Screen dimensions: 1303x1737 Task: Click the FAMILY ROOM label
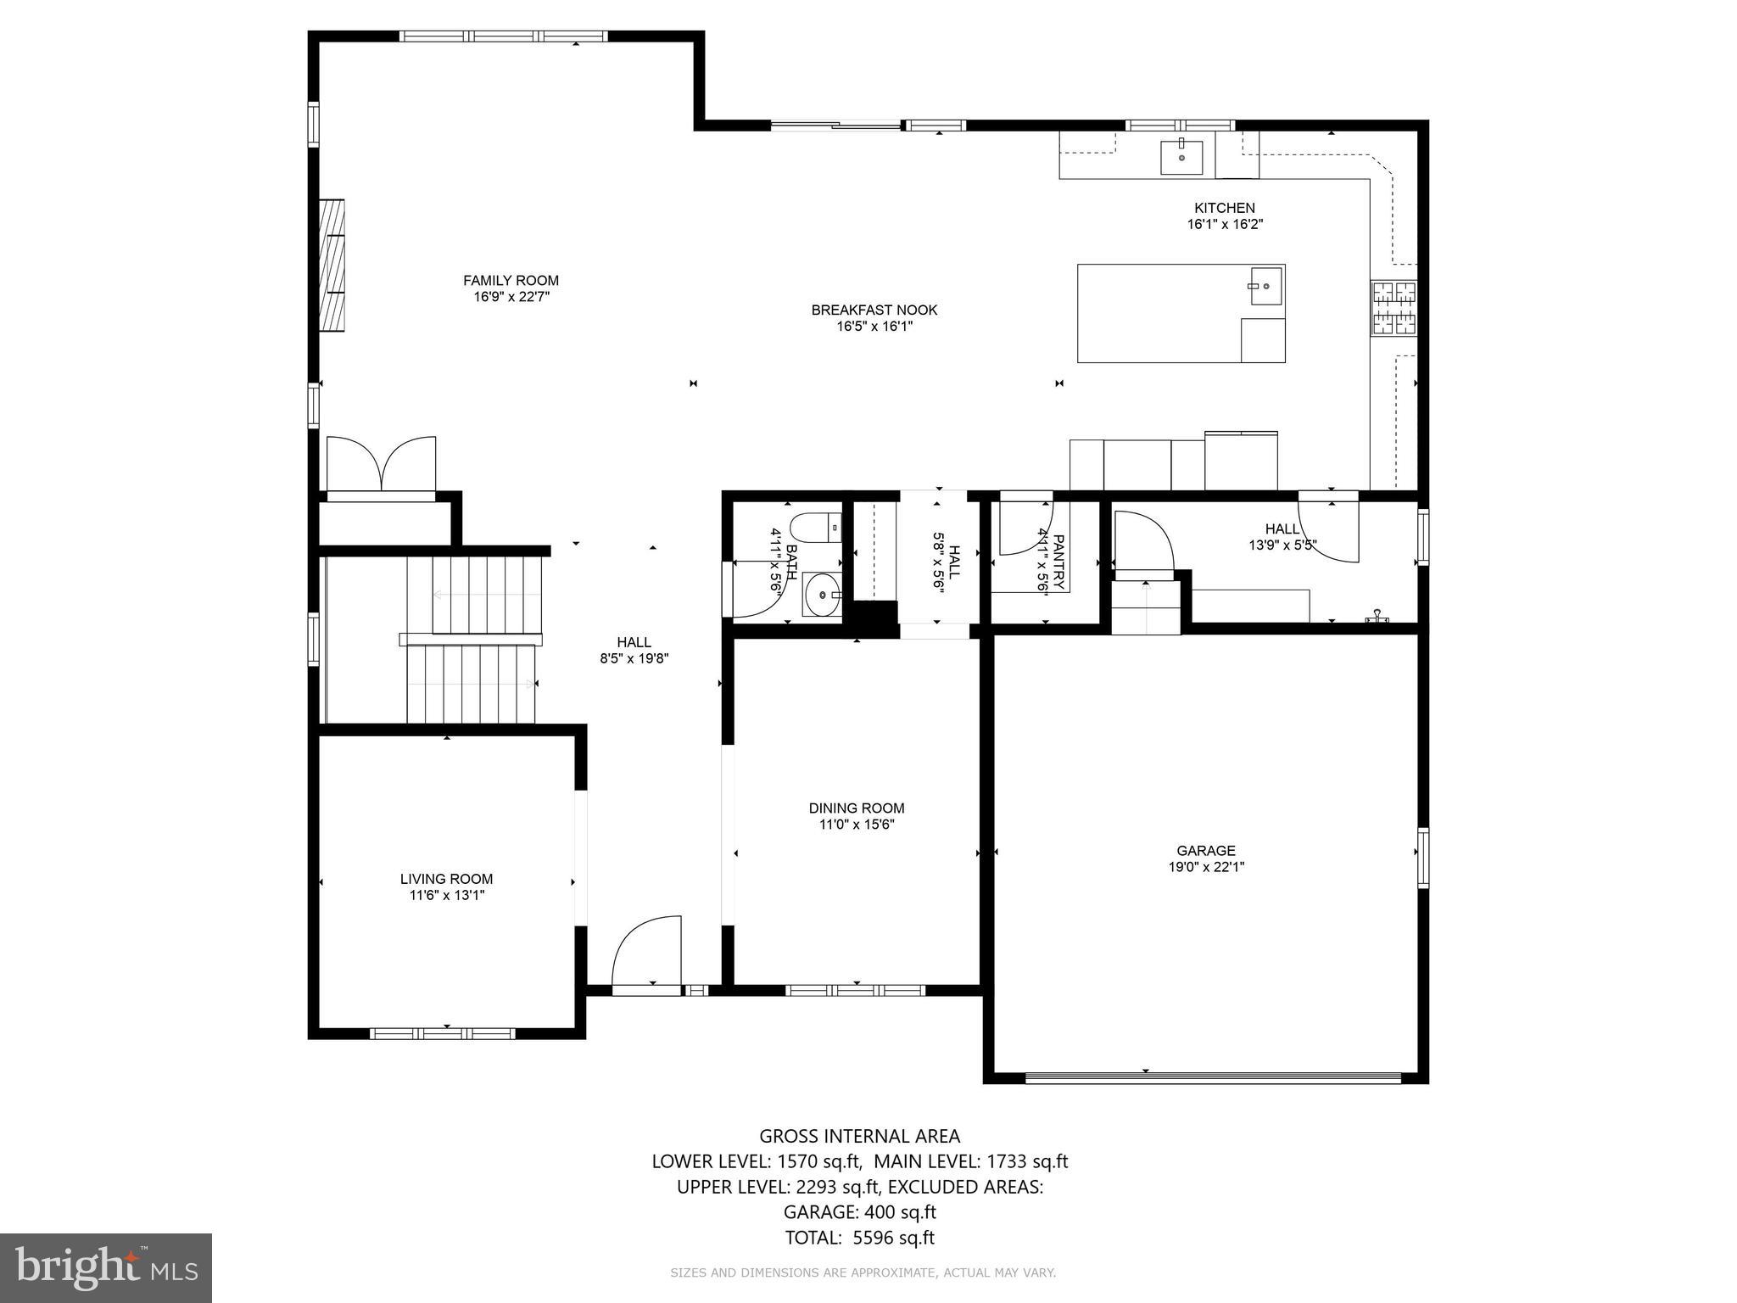pyautogui.click(x=511, y=281)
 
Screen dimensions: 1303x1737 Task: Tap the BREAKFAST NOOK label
pyautogui.click(x=874, y=310)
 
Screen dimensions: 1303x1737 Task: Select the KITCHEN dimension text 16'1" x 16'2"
pyautogui.click(x=1224, y=225)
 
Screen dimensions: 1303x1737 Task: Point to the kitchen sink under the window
pyautogui.click(x=1181, y=156)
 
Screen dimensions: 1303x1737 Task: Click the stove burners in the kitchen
pyautogui.click(x=1394, y=307)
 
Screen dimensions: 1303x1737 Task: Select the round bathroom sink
pyautogui.click(x=821, y=594)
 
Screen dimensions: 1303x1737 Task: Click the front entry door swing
pyautogui.click(x=648, y=952)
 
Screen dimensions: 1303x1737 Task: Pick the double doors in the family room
pyautogui.click(x=381, y=464)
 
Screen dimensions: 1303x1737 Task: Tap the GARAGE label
pyautogui.click(x=1205, y=851)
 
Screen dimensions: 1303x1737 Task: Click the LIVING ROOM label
pyautogui.click(x=446, y=880)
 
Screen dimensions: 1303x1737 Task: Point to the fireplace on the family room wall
pyautogui.click(x=332, y=265)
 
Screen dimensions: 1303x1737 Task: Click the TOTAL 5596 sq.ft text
pyautogui.click(x=859, y=1261)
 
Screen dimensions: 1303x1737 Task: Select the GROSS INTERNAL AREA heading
pyautogui.click(x=859, y=1136)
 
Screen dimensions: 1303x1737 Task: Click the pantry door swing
pyautogui.click(x=1025, y=529)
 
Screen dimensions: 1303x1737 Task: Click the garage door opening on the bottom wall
pyautogui.click(x=1213, y=1078)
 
